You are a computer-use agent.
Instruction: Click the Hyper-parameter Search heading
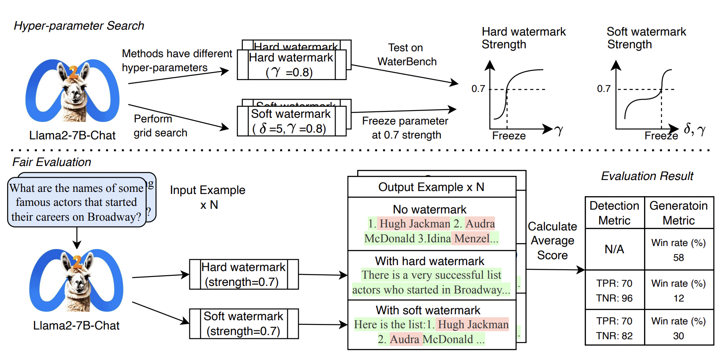(79, 26)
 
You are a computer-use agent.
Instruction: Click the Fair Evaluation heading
(52, 162)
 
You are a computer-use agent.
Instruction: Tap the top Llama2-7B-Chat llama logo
(72, 91)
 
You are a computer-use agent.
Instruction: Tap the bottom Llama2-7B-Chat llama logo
(76, 280)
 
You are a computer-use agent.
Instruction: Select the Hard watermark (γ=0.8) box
(291, 65)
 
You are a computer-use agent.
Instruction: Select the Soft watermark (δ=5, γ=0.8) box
(291, 121)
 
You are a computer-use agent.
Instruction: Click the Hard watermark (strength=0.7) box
(244, 274)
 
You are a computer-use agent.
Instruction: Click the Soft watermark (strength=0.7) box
(244, 324)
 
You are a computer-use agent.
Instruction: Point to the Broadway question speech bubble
(77, 202)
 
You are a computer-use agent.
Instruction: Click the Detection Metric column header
(614, 213)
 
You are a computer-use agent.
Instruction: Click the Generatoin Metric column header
(678, 213)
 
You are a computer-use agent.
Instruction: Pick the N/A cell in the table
(614, 249)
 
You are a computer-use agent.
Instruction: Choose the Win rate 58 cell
(678, 250)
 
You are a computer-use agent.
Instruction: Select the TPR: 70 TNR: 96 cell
(614, 291)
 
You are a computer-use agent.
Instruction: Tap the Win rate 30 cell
(678, 328)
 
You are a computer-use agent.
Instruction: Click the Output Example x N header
(431, 187)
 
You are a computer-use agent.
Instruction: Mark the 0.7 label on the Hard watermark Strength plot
(478, 89)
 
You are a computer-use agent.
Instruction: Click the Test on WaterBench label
(406, 55)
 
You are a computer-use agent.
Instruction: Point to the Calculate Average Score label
(552, 241)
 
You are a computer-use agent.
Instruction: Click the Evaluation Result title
(647, 176)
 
